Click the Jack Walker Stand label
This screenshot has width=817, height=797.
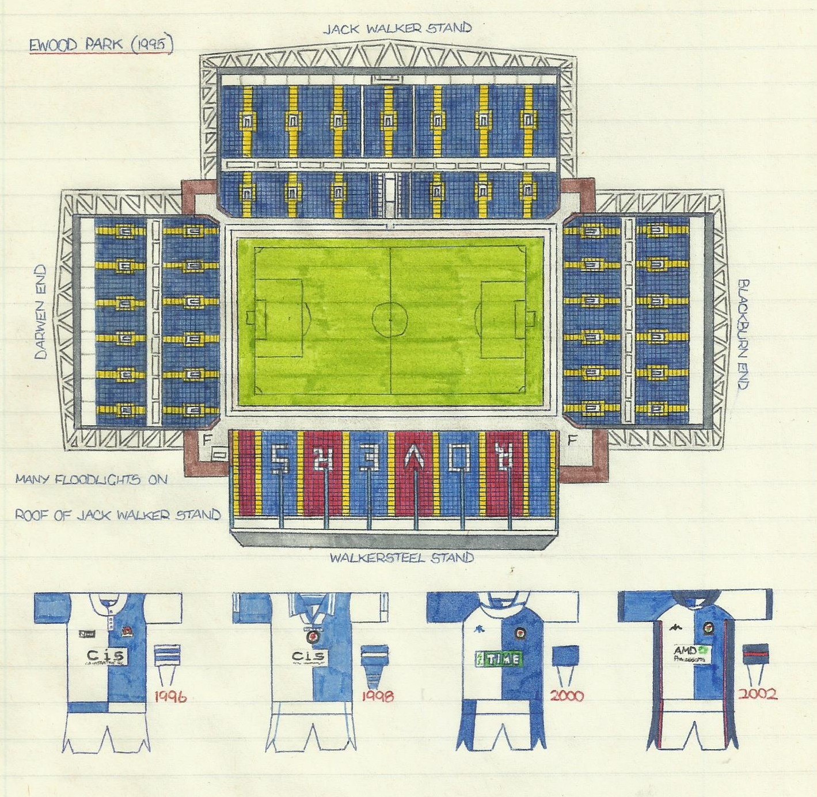[x=397, y=29]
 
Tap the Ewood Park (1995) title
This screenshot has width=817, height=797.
[x=101, y=45]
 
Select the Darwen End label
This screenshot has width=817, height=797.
[x=40, y=312]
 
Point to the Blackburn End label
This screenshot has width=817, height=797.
[x=743, y=334]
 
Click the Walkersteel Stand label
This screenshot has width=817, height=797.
[x=402, y=558]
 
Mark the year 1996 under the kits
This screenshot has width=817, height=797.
[x=170, y=697]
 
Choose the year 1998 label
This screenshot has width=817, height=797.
[x=378, y=696]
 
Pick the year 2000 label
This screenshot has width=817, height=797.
[x=567, y=696]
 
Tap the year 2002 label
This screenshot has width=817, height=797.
[x=758, y=693]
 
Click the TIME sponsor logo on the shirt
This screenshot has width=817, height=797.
[x=499, y=659]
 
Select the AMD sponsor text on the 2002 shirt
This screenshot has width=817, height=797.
[x=686, y=651]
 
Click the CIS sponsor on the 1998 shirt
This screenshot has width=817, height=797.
[x=308, y=657]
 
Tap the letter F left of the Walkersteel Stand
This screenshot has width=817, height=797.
[x=207, y=440]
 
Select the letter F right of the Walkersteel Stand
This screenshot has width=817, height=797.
[x=572, y=441]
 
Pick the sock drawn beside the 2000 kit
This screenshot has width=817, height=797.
[x=565, y=665]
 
